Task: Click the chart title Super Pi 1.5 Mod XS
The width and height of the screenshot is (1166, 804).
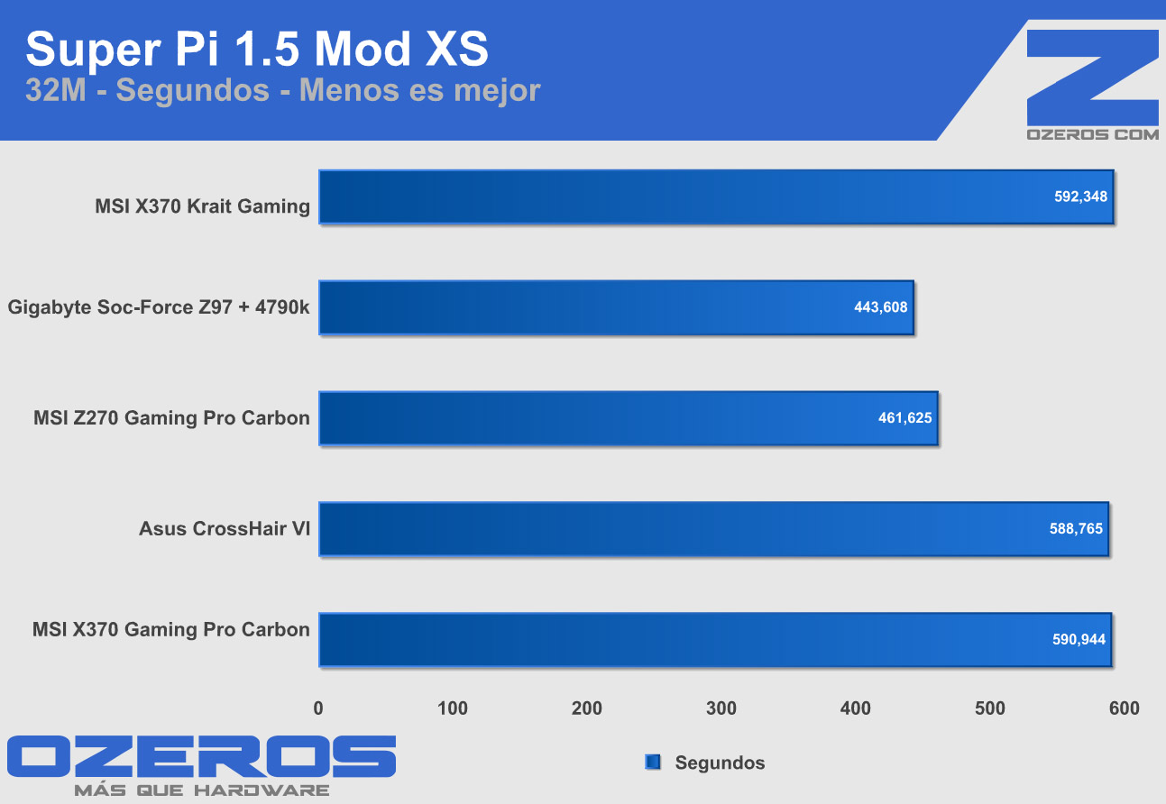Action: point(257,49)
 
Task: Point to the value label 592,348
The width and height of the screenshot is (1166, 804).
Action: point(1080,196)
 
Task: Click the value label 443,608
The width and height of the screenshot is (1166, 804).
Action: point(880,306)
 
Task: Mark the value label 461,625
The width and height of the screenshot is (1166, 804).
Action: point(904,417)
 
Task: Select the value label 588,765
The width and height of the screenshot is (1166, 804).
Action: point(1076,529)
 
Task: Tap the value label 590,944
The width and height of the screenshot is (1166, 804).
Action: point(1079,640)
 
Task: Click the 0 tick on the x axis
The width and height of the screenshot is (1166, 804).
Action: point(318,708)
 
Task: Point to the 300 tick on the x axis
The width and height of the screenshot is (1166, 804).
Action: point(721,708)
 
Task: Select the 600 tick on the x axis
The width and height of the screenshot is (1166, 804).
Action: point(1125,708)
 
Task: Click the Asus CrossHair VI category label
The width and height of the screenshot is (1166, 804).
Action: point(225,529)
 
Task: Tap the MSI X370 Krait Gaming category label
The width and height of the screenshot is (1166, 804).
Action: point(202,206)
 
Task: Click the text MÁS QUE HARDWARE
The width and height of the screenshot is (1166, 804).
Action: point(201,790)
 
